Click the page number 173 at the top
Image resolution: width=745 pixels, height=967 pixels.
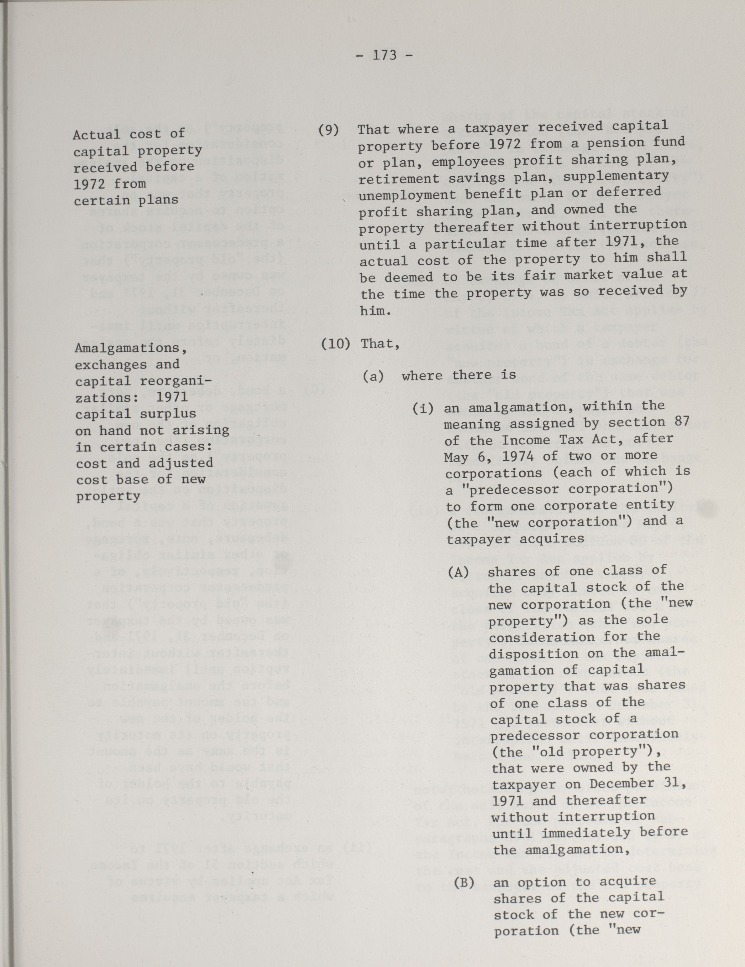pos(385,55)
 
